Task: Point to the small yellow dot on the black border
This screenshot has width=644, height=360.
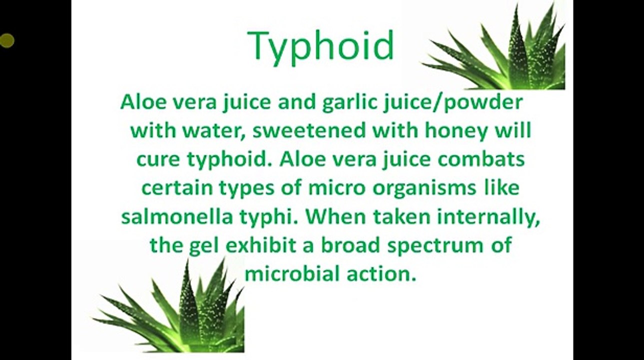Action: [x=6, y=40]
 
